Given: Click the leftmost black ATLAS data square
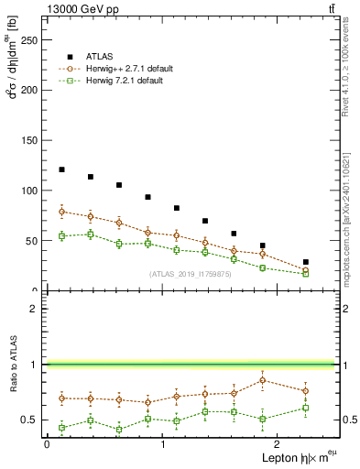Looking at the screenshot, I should tap(61, 169).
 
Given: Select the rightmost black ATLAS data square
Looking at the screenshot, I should tap(306, 262).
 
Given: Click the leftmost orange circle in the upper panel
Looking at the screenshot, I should tap(61, 212).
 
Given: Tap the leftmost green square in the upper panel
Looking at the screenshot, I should tap(61, 236).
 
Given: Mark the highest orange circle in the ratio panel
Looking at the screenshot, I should tap(263, 380).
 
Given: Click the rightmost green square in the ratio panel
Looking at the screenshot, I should tap(306, 408).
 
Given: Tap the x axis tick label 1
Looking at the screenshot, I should tap(162, 443).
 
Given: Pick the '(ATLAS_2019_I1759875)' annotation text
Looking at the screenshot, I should tap(191, 274).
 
